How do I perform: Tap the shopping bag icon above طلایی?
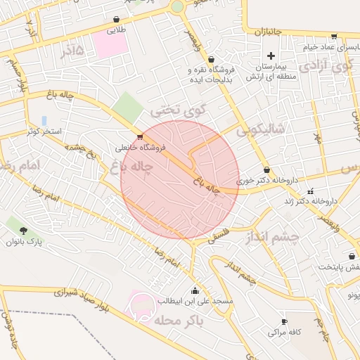[116, 20]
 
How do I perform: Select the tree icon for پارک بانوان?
[25, 230]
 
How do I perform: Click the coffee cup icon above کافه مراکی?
[284, 320]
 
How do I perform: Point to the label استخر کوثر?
[44, 131]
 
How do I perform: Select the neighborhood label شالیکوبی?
[260, 129]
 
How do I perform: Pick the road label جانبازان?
[267, 32]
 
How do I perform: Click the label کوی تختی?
[179, 110]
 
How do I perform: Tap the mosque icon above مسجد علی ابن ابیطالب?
[195, 290]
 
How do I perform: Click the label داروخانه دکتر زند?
[310, 201]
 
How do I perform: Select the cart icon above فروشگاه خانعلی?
[140, 136]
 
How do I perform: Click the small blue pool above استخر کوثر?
[44, 120]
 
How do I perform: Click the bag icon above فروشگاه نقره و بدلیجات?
[211, 59]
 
